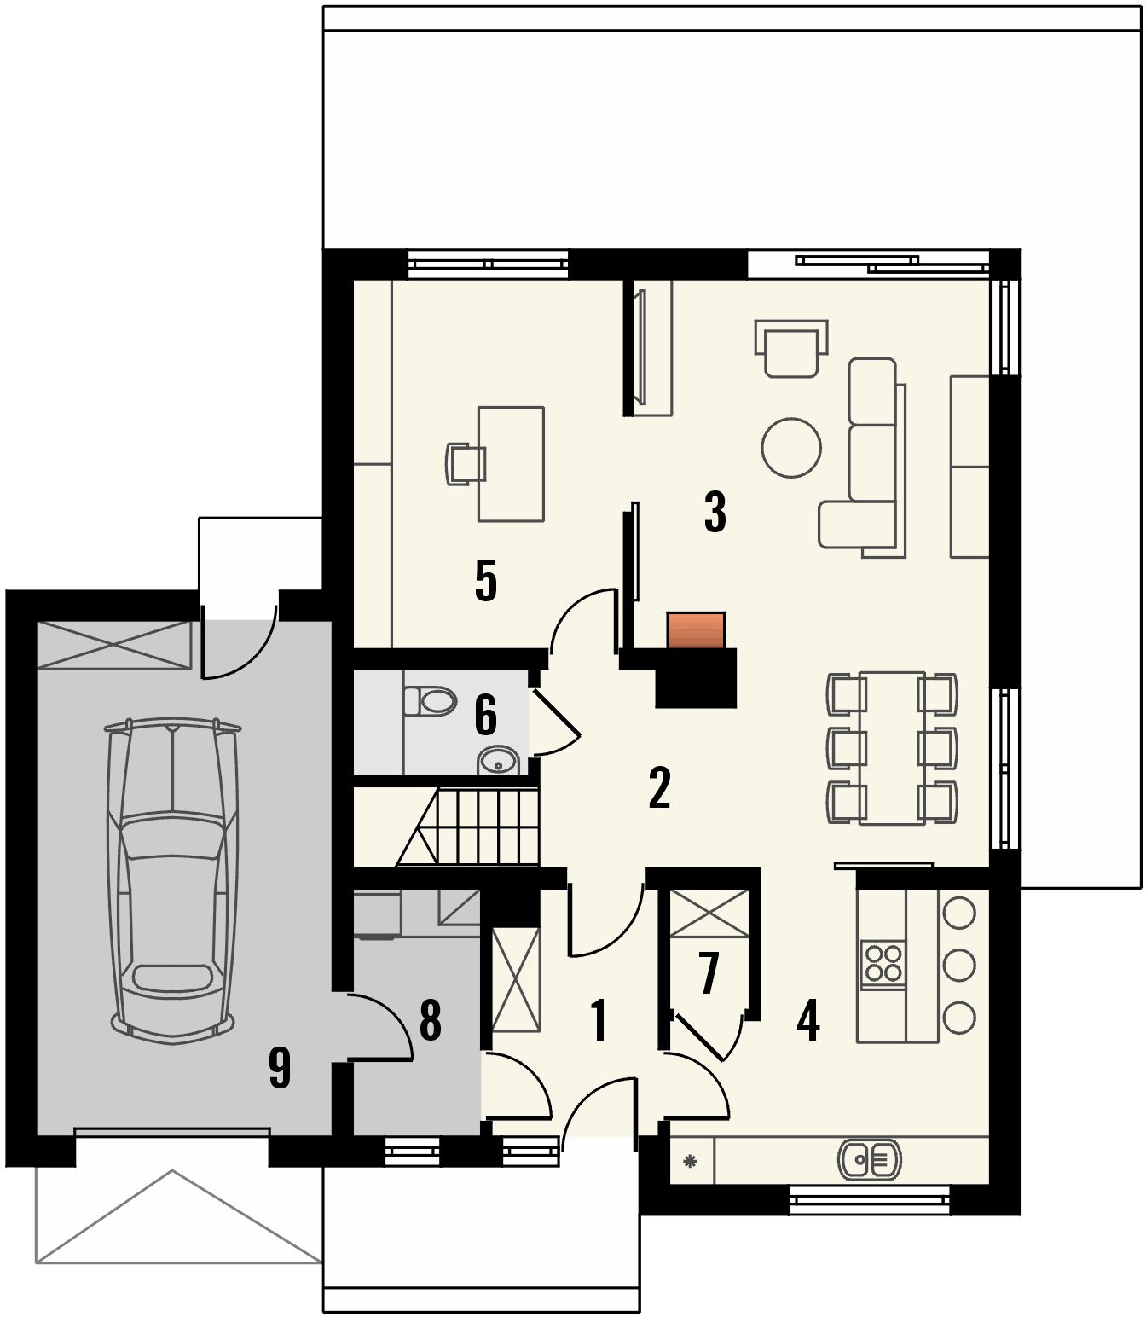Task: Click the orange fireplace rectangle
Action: click(x=696, y=630)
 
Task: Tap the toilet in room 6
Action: click(x=430, y=700)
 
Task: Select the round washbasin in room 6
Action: click(x=498, y=762)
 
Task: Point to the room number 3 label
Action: click(x=715, y=512)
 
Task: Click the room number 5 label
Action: click(x=486, y=581)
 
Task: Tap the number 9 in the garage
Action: click(x=280, y=1068)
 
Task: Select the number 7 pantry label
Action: click(x=709, y=973)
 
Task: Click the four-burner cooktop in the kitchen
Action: click(x=883, y=964)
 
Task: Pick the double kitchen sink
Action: click(x=869, y=1160)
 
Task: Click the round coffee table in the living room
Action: click(x=790, y=447)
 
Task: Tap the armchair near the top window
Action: click(x=790, y=348)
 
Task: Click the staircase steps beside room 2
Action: click(x=468, y=827)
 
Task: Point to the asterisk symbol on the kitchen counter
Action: click(x=690, y=1161)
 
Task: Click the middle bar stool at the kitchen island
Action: click(x=958, y=965)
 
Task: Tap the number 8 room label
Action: click(x=431, y=1019)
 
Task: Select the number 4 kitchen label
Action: click(x=808, y=1020)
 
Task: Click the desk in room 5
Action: click(x=511, y=463)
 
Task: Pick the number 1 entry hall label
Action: click(x=599, y=1020)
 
